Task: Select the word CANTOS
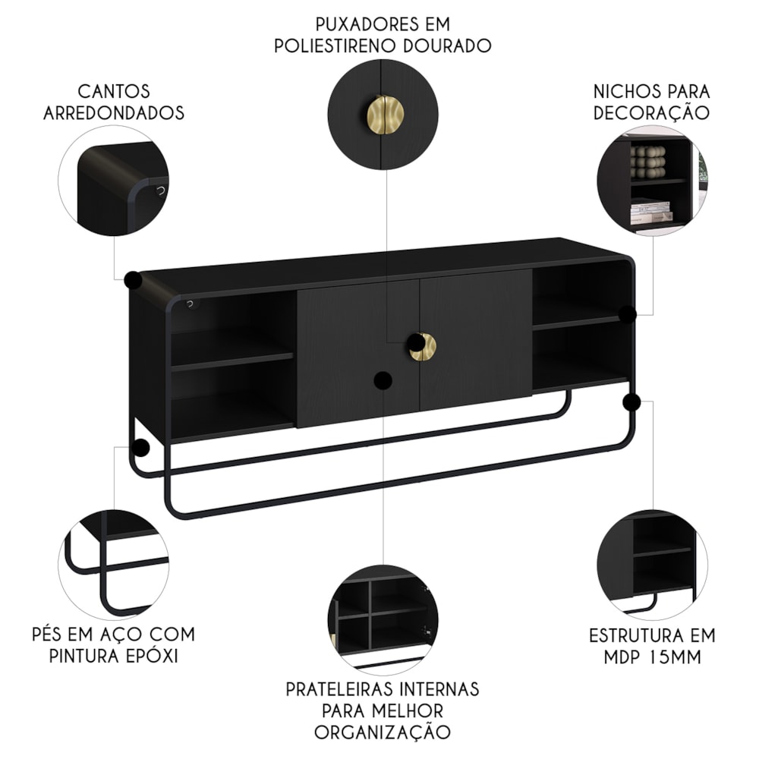coord(114,91)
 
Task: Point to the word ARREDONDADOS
coord(114,113)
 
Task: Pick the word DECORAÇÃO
coord(651,113)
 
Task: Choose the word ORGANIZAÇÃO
coord(383,732)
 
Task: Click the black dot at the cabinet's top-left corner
coord(133,280)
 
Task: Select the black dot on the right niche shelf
coord(628,315)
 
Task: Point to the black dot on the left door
coord(383,380)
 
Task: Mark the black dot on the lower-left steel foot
coord(141,448)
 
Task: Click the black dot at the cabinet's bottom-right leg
coord(631,402)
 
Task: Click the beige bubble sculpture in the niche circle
coord(648,162)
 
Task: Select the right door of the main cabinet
coord(476,339)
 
